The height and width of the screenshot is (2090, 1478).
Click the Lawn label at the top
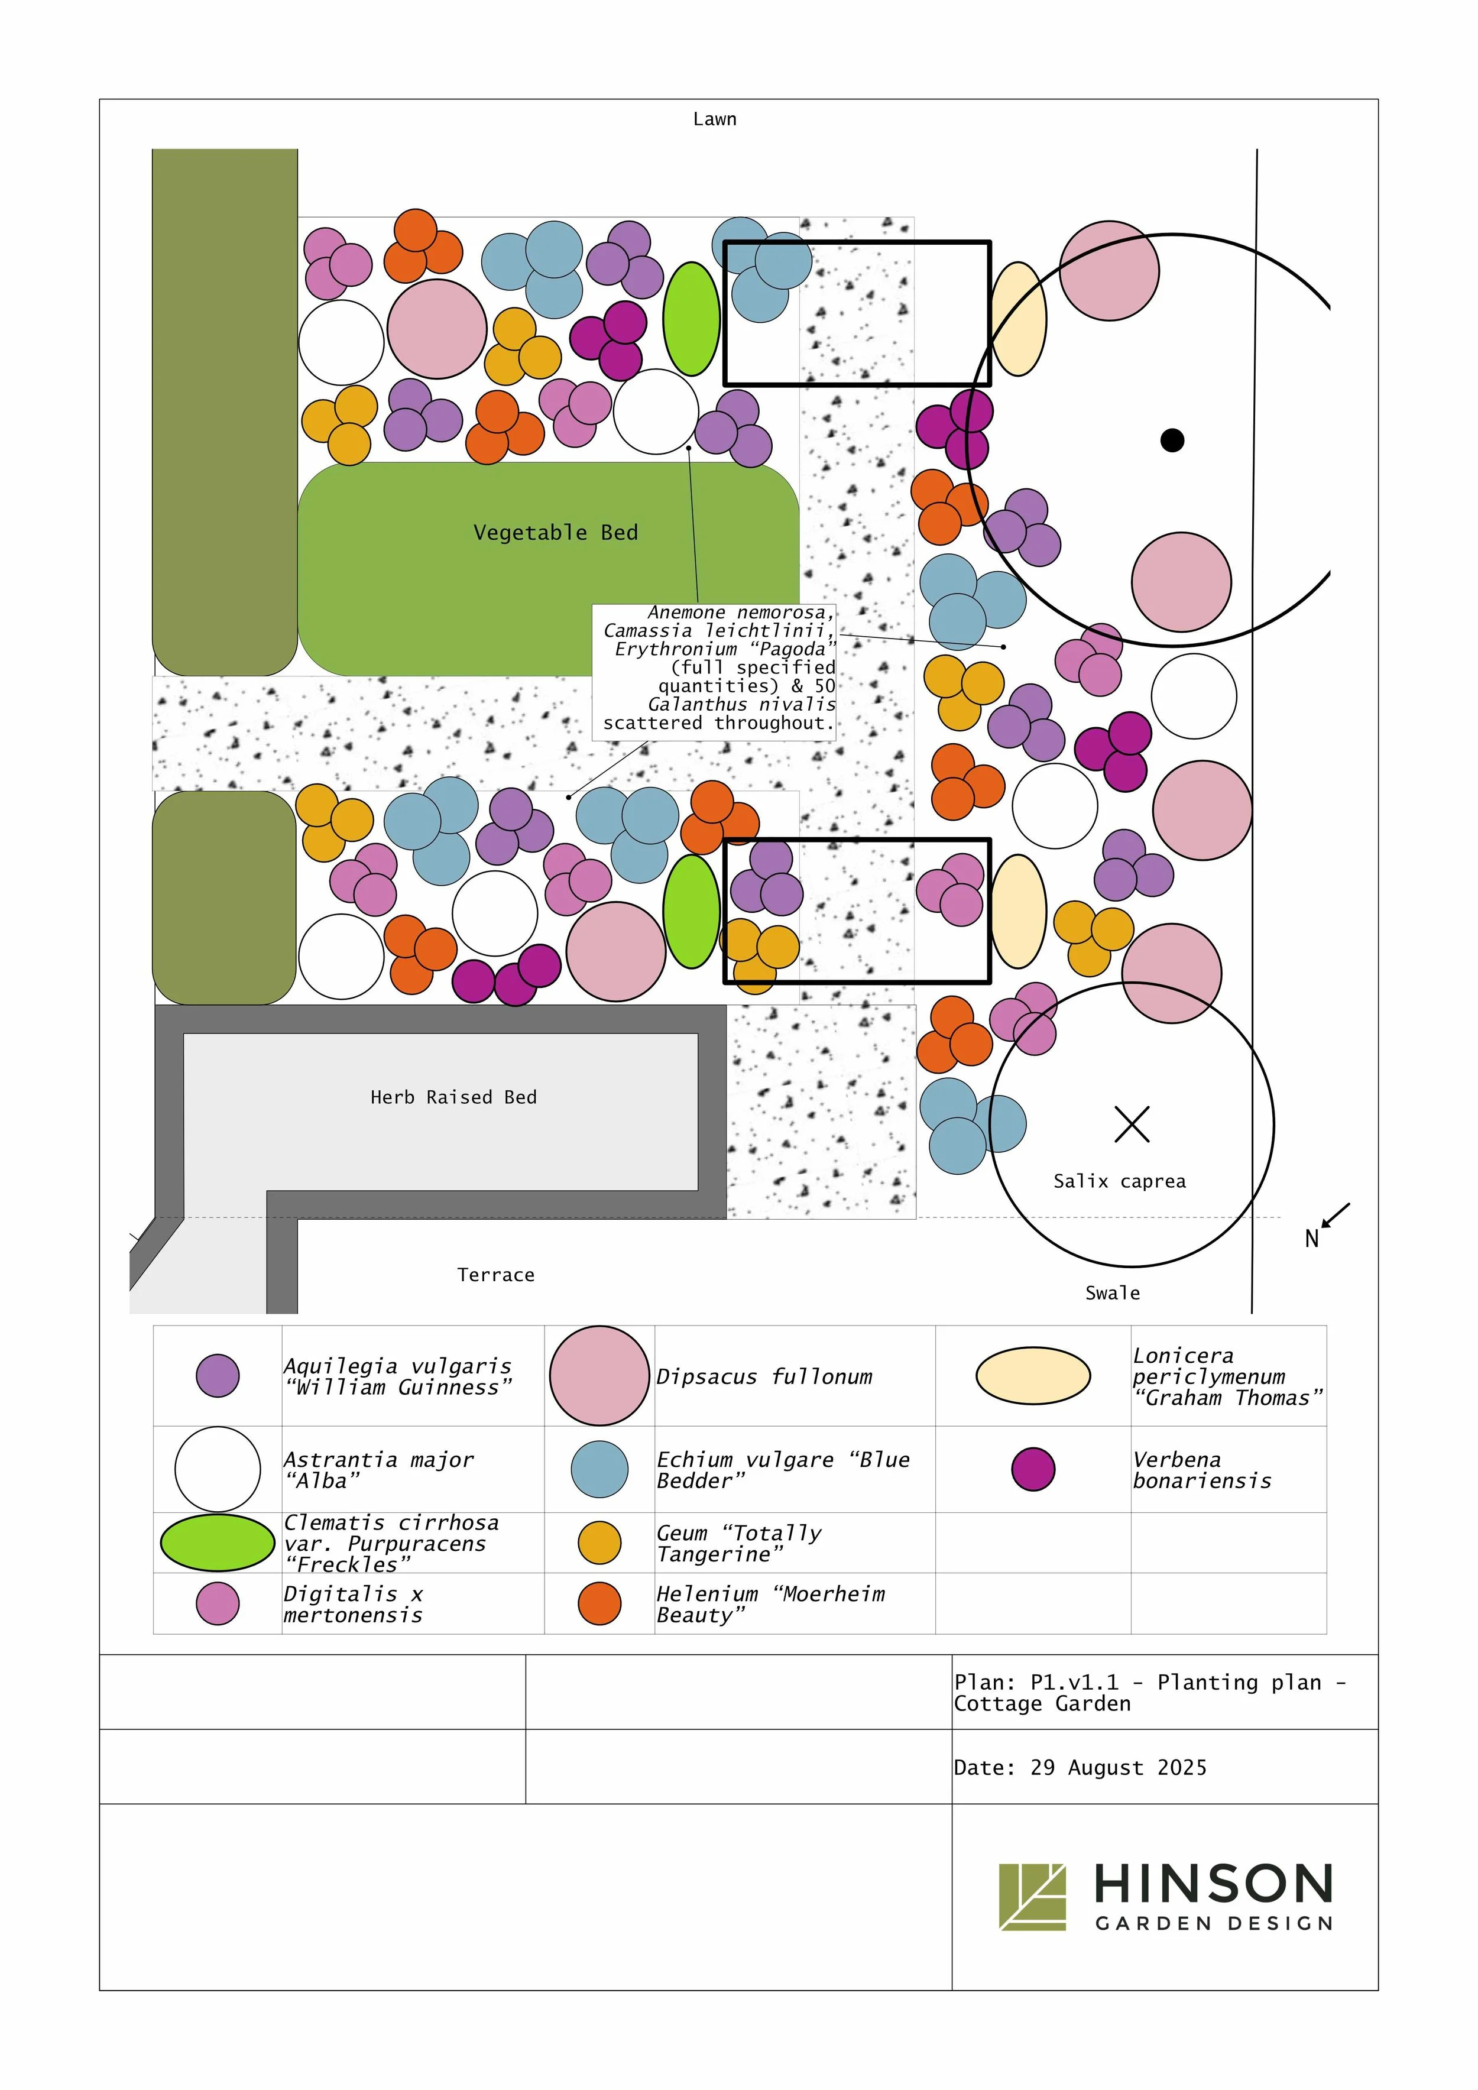point(714,119)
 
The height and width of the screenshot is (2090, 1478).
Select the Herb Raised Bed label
point(453,1097)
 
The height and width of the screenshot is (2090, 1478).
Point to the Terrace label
point(496,1274)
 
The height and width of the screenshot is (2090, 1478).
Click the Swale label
point(1112,1292)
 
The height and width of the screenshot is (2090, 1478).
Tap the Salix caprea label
point(1119,1181)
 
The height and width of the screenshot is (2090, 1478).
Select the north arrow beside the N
point(1336,1215)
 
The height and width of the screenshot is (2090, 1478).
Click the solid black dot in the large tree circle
point(1172,440)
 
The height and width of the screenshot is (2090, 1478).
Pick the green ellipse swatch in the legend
point(218,1542)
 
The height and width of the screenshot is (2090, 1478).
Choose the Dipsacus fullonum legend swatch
point(599,1375)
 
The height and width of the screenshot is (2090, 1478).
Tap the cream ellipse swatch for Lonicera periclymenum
point(1033,1375)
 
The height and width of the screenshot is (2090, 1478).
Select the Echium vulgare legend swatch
point(599,1469)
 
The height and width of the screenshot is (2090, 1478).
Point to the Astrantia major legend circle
point(218,1469)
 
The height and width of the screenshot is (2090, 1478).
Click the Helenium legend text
point(770,1604)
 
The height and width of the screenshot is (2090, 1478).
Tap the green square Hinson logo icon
point(1032,1897)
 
